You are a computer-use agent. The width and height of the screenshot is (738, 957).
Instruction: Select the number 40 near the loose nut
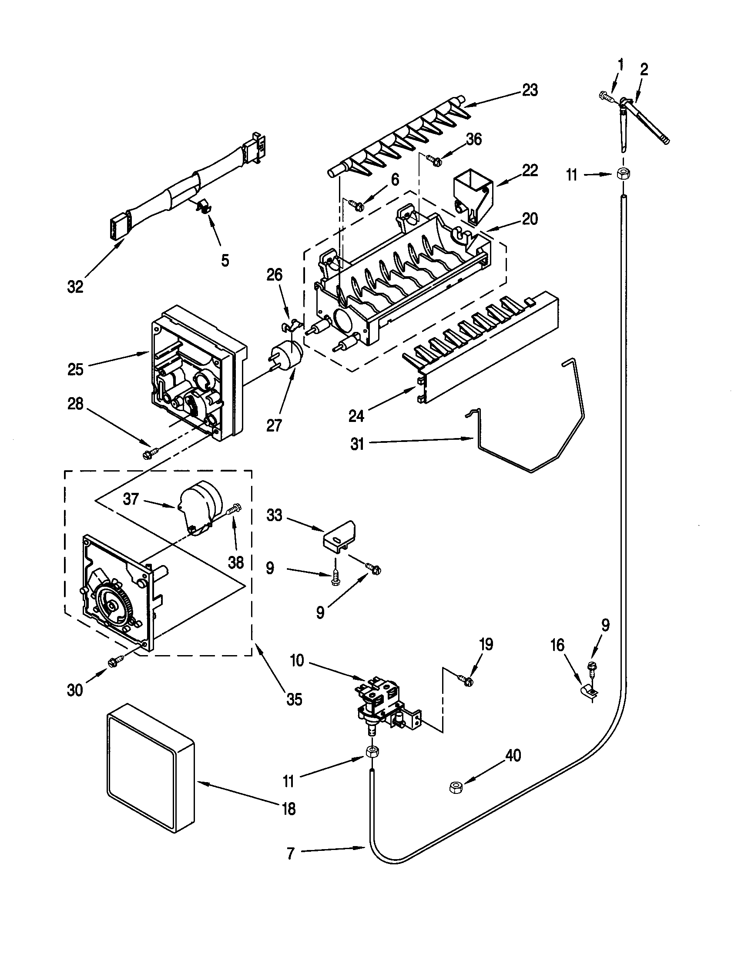click(x=513, y=756)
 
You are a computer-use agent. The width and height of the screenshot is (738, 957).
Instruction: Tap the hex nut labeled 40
click(x=453, y=787)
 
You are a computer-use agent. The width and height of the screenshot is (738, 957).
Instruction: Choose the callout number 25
click(x=75, y=369)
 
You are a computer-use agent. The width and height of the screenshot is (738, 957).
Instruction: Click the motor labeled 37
click(x=201, y=507)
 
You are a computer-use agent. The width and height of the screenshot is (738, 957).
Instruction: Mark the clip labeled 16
click(x=587, y=692)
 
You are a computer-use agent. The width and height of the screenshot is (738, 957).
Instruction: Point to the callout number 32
click(x=75, y=287)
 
